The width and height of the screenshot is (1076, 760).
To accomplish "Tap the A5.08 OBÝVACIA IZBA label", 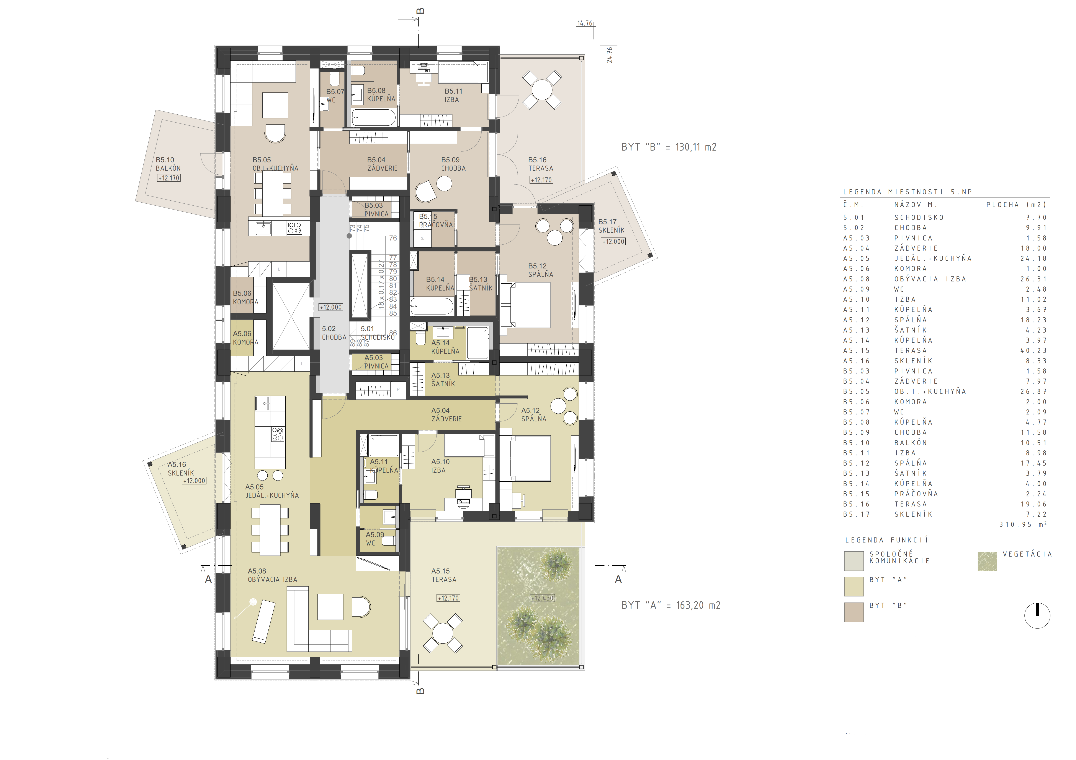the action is (272, 575).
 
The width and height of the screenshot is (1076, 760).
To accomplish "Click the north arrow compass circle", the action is (1037, 615).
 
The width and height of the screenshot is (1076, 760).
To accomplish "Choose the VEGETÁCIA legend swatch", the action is (987, 561).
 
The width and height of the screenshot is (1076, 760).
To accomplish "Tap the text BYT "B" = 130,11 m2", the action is (669, 147).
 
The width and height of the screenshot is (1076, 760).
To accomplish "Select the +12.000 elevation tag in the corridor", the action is (331, 307).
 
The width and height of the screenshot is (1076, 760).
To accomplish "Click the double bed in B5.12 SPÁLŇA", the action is (525, 305).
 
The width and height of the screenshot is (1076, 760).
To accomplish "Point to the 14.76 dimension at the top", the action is (585, 23).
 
